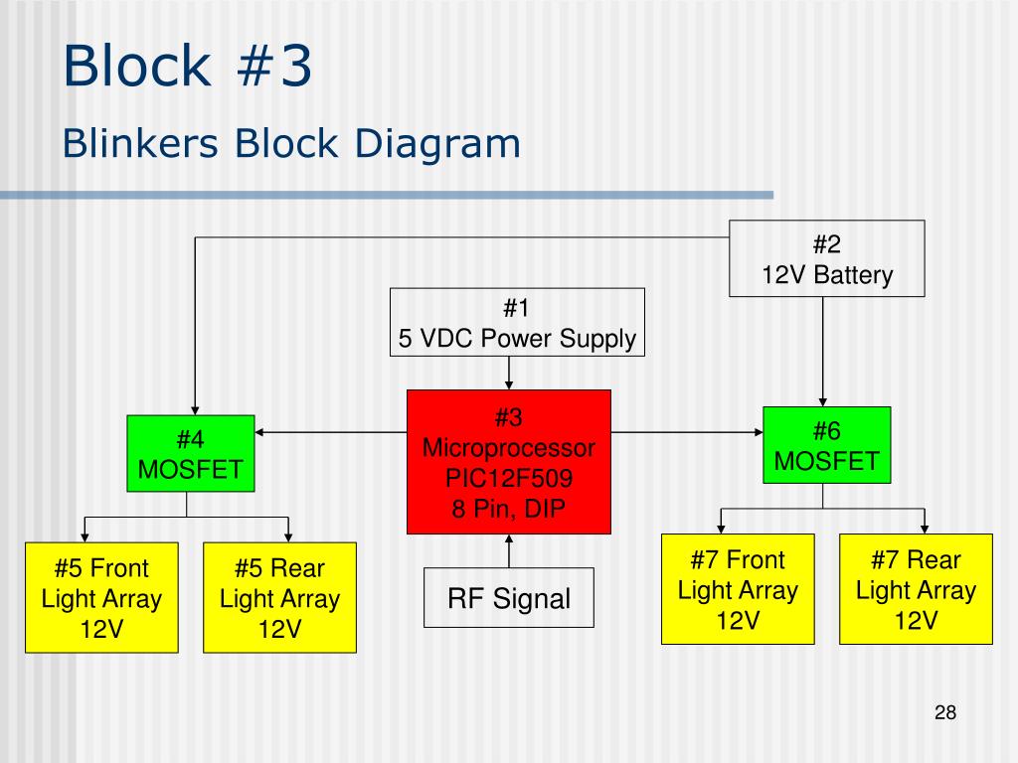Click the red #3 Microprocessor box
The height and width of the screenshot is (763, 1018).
pyautogui.click(x=509, y=462)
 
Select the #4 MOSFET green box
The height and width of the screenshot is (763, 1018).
pyautogui.click(x=191, y=453)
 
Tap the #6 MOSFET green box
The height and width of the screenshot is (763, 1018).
pyautogui.click(x=826, y=445)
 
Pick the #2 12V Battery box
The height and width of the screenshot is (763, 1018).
pyautogui.click(x=826, y=258)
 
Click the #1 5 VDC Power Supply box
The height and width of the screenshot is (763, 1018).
pyautogui.click(x=517, y=323)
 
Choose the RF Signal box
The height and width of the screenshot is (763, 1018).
pyautogui.click(x=509, y=597)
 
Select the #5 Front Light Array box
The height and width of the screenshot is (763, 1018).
pyautogui.click(x=102, y=597)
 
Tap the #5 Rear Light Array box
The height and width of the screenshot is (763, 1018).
pyautogui.click(x=279, y=597)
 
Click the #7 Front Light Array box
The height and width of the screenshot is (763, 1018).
pyautogui.click(x=738, y=589)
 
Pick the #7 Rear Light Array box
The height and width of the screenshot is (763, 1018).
pyautogui.click(x=916, y=589)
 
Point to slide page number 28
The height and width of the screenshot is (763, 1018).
pyautogui.click(x=945, y=712)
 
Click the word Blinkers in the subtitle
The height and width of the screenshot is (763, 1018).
pyautogui.click(x=140, y=143)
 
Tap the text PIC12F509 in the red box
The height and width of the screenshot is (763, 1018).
pyautogui.click(x=509, y=478)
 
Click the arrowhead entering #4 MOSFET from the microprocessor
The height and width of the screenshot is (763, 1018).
pyautogui.click(x=259, y=432)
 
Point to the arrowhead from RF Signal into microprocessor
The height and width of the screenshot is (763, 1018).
pyautogui.click(x=509, y=538)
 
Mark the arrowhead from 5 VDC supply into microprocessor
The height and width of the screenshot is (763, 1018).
pyautogui.click(x=509, y=385)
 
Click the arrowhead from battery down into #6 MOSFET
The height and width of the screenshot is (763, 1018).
pyautogui.click(x=822, y=402)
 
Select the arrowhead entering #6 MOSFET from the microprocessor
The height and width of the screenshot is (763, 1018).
pyautogui.click(x=759, y=432)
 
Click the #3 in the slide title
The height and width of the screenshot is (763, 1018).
pyautogui.click(x=274, y=66)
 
